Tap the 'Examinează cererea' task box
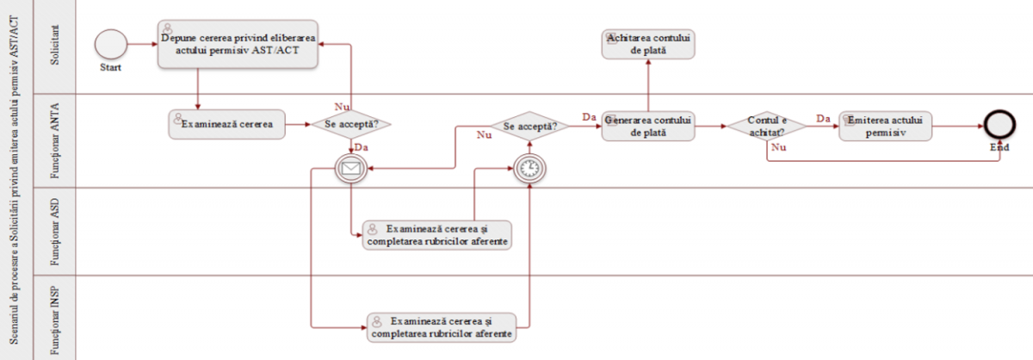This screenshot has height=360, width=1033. pos(227,124)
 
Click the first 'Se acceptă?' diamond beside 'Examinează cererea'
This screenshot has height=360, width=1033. pos(351,124)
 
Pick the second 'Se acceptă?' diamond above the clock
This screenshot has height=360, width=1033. pos(529,126)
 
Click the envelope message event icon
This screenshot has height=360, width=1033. pos(351,169)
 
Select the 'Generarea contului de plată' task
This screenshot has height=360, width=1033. pos(648,126)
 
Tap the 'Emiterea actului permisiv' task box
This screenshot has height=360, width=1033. pos(886,126)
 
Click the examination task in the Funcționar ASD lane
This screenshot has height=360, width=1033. pos(438,234)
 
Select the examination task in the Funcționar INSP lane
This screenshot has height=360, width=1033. pos(442,326)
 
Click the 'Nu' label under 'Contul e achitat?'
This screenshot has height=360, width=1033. pos(779,147)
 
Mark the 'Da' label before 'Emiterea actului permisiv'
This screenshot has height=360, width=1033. pos(823,118)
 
